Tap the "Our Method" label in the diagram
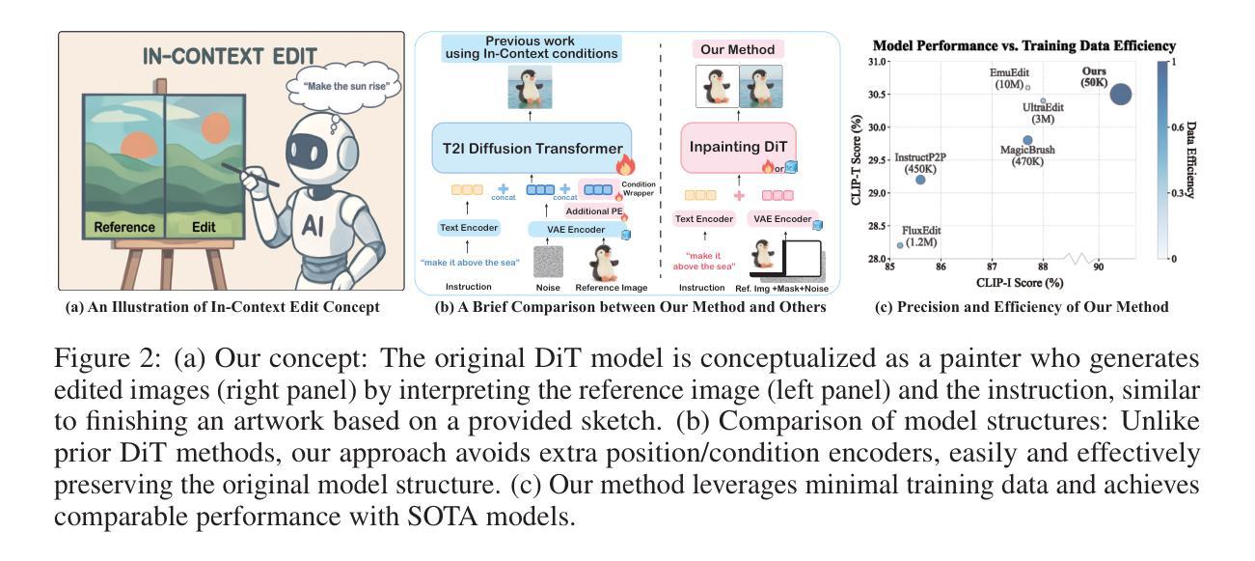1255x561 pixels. pos(739,49)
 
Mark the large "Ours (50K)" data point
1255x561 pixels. pos(1120,95)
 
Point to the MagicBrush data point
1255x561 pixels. pos(1027,140)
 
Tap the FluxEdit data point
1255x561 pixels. pos(900,245)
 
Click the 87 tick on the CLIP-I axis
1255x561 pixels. pos(992,266)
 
